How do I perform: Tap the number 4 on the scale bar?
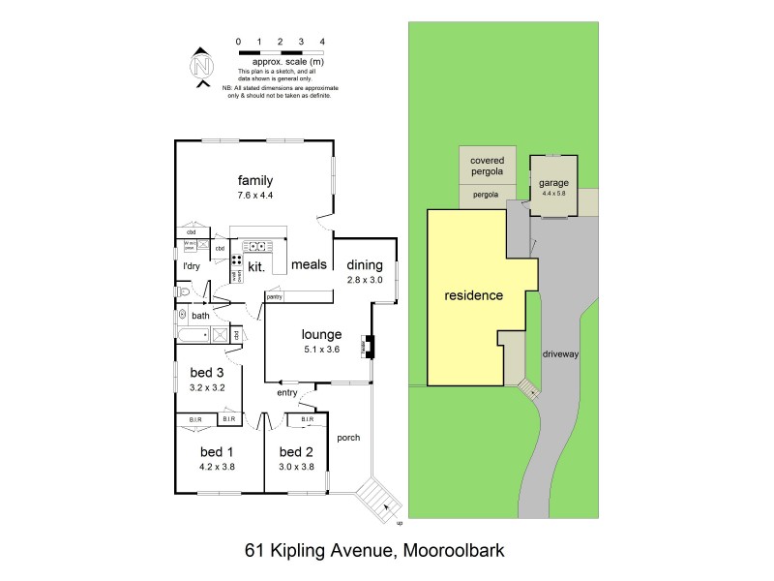coord(322,42)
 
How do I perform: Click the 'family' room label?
coord(255,180)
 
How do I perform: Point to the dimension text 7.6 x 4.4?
coord(255,196)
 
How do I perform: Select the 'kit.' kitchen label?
coord(256,265)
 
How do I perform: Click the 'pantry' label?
coord(275,297)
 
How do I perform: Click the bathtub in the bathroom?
coord(193,335)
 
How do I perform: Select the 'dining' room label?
coord(365,265)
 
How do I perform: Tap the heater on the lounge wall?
coord(369,346)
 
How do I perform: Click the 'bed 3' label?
coord(206,373)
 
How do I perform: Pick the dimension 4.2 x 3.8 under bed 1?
coord(217,467)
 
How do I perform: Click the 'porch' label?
coord(347,438)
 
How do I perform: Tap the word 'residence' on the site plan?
coord(473,295)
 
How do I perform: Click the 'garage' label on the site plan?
coord(553,182)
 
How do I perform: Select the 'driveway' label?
coord(560,354)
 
